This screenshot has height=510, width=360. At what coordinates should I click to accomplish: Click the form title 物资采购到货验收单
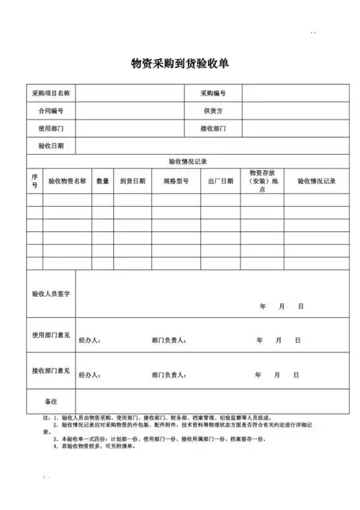pos(180,63)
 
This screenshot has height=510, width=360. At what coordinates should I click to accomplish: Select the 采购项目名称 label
pos(50,94)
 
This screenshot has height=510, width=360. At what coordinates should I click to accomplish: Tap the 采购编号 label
pos(213,94)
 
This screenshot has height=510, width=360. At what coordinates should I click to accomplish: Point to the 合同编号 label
pos(50,111)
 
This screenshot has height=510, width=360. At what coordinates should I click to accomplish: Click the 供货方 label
pos(213,111)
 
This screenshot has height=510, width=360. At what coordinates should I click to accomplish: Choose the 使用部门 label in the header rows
pos(50,128)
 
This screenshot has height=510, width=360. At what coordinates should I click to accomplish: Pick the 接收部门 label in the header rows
pos(213,128)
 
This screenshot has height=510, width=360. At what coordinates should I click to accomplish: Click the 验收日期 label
pos(50,146)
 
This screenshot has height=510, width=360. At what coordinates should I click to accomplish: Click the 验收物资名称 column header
pos(67,181)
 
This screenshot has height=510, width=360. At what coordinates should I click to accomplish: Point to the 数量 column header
pos(103,181)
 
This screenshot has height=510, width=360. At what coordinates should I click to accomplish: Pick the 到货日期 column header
pos(132,181)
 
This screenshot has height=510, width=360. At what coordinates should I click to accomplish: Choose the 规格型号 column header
pos(176,181)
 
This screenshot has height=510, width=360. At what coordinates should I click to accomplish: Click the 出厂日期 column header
pos(220,181)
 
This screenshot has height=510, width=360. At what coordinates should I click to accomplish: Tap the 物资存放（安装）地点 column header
pos(262,181)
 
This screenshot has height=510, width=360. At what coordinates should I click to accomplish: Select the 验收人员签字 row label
pos(50,294)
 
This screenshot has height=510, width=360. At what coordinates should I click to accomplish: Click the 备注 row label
pos(50,401)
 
